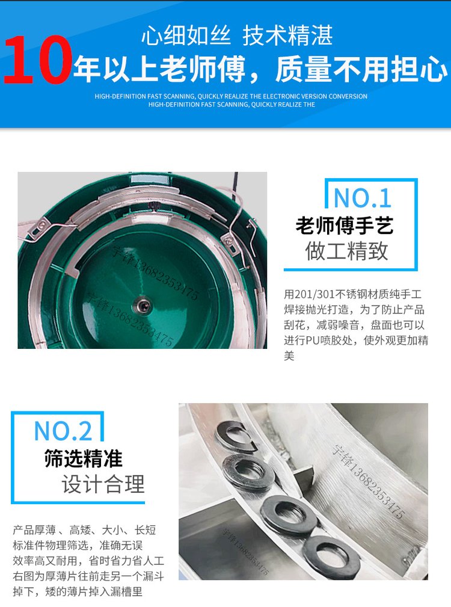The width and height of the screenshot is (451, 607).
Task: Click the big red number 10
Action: [37, 60]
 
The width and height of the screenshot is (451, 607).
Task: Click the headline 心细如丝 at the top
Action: [186, 36]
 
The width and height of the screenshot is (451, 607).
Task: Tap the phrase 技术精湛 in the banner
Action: [287, 36]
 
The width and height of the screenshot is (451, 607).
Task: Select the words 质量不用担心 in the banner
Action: [361, 69]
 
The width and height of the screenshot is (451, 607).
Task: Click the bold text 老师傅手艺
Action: [345, 226]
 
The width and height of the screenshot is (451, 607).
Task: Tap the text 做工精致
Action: [346, 251]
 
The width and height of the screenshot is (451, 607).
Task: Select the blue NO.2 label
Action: [63, 431]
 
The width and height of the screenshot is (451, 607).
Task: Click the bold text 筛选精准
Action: [83, 459]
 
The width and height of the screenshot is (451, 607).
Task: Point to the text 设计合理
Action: [103, 484]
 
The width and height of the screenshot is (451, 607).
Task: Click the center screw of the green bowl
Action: [143, 306]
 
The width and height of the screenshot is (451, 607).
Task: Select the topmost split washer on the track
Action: [236, 435]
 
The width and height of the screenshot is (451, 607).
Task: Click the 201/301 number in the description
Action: [314, 295]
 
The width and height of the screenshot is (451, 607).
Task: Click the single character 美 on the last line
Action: [289, 356]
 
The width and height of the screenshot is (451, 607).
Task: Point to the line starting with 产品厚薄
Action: [84, 529]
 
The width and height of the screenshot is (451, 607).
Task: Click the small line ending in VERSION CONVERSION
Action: [231, 96]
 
